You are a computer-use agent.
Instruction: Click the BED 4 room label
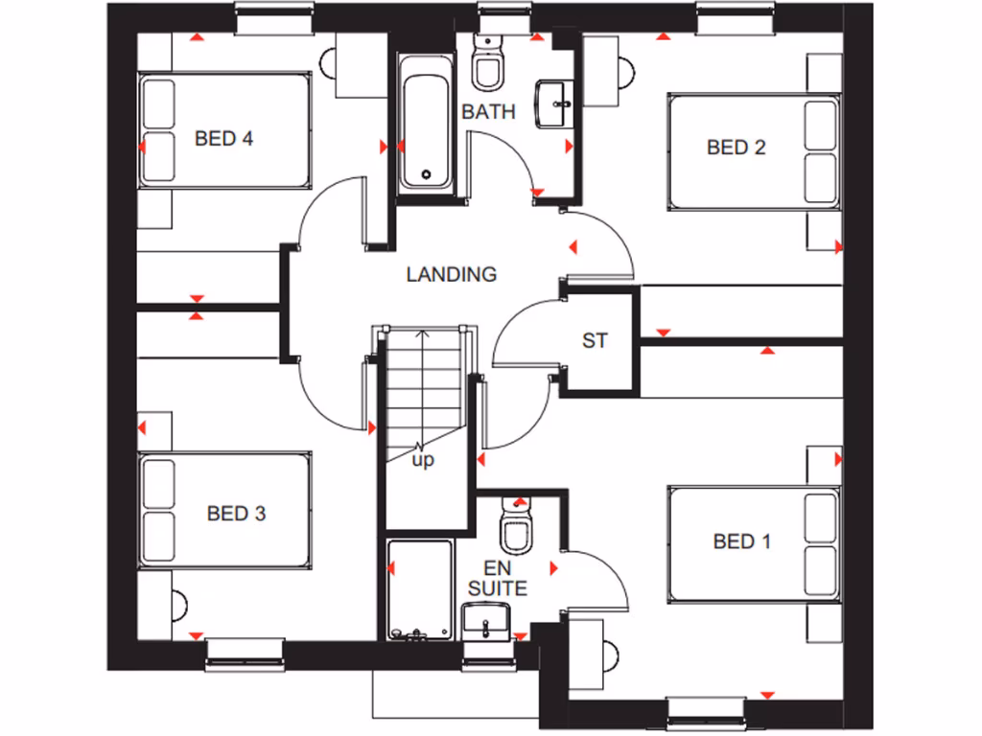[x=223, y=139]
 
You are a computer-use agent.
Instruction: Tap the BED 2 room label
[x=736, y=148]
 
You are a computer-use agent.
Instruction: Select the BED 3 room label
[x=236, y=514]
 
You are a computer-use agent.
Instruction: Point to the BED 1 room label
[x=742, y=542]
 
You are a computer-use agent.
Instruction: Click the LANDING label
[x=452, y=275]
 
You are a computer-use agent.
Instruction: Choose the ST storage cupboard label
[x=595, y=340]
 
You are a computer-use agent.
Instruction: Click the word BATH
[x=489, y=112]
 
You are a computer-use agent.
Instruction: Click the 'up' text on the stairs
[x=423, y=461]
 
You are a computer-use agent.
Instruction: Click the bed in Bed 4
[x=225, y=132]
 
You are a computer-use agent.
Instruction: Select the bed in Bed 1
[x=755, y=541]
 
